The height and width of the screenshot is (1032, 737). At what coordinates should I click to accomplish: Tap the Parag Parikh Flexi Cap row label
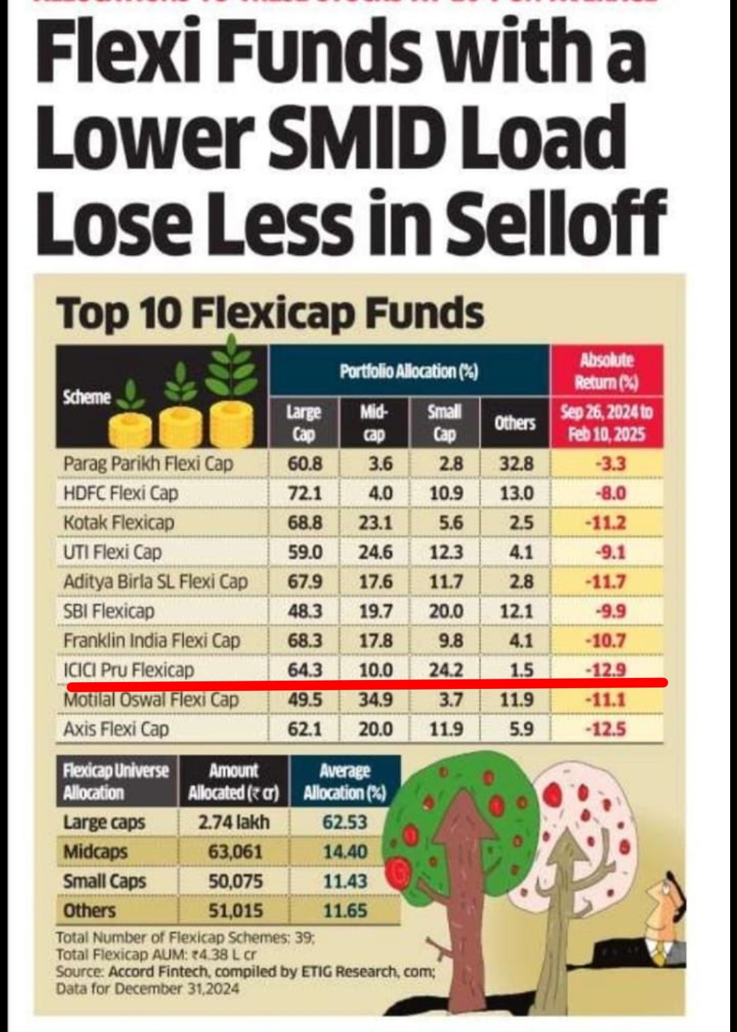(x=148, y=463)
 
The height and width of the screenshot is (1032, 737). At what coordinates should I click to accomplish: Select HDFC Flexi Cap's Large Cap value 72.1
(x=305, y=493)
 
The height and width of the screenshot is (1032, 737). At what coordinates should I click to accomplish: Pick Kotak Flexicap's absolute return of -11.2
(x=606, y=523)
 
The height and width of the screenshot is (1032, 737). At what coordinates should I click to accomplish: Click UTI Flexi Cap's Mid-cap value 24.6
(x=375, y=552)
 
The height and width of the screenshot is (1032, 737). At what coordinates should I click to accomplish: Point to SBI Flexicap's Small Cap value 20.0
(x=445, y=611)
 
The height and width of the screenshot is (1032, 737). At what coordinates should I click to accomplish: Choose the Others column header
(x=514, y=423)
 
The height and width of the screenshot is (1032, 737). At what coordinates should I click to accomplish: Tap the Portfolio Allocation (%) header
(x=408, y=371)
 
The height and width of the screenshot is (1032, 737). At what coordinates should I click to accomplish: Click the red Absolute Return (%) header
(x=607, y=370)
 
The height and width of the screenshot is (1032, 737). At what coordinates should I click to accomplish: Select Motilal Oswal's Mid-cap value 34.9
(x=375, y=700)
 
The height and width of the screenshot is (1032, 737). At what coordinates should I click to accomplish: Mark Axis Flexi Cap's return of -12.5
(x=606, y=729)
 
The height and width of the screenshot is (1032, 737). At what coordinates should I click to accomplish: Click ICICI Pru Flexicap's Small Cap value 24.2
(x=445, y=670)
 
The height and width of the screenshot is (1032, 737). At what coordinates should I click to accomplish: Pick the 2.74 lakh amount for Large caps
(x=234, y=822)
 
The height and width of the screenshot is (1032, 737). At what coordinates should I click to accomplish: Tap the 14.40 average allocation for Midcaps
(x=345, y=852)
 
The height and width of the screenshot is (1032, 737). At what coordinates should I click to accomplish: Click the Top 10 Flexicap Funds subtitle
(x=270, y=314)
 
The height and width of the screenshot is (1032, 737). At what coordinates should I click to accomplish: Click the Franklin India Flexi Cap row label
(x=152, y=640)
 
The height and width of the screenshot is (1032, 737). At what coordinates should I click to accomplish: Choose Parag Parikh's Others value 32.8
(x=516, y=463)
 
